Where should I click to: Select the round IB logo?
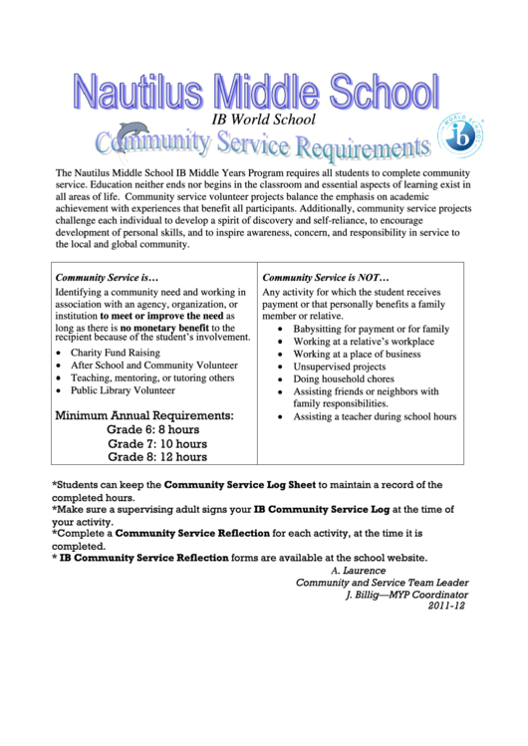[462, 136]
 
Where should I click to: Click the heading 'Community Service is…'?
[107, 277]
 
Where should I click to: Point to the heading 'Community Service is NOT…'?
[326, 277]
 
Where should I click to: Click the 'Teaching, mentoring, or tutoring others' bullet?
[152, 378]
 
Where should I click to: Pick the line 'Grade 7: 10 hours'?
[157, 443]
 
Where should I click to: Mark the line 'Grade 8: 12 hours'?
[157, 457]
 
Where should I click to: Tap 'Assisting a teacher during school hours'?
[375, 417]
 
